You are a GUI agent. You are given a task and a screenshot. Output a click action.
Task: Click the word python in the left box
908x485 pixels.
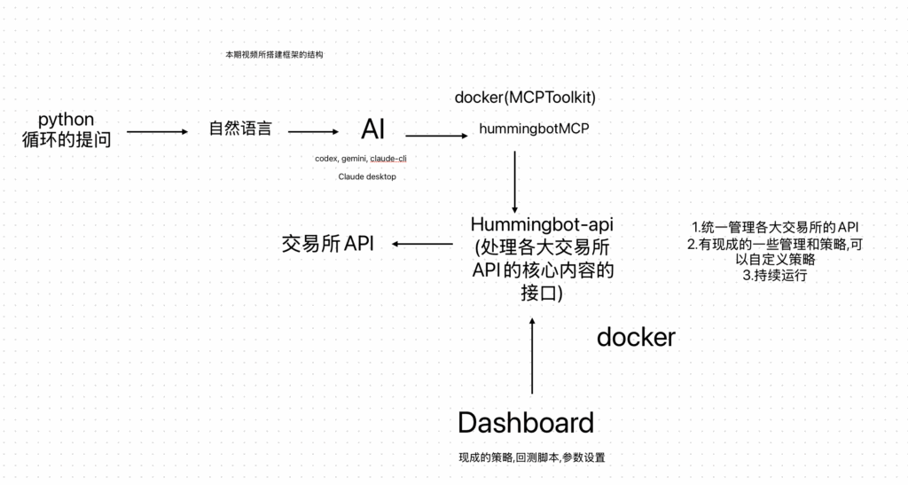[67, 120]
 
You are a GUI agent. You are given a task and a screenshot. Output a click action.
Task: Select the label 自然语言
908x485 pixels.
[239, 129]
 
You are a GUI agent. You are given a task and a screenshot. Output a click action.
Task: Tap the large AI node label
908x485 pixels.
[373, 129]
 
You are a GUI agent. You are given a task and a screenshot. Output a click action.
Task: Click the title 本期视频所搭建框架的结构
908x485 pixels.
[274, 55]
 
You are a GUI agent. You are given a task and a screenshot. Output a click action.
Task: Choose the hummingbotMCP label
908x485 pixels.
[534, 129]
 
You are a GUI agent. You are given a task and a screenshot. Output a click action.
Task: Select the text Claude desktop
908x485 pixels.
[367, 176]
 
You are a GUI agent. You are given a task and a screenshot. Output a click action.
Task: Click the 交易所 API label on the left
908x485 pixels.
[327, 244]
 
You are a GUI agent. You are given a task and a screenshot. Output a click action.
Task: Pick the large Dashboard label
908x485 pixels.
[526, 423]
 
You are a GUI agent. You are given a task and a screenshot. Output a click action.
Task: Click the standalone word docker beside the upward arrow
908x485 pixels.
[636, 338]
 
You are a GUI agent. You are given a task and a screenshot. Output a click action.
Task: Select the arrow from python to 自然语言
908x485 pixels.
[158, 133]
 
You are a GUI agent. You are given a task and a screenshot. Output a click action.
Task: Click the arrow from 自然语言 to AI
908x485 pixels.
[314, 133]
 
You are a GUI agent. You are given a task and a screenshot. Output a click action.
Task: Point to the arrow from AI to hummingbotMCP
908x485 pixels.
[436, 137]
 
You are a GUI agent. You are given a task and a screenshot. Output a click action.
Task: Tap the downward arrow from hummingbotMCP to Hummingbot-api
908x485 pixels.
[515, 181]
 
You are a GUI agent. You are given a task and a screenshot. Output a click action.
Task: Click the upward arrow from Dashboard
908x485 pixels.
[532, 355]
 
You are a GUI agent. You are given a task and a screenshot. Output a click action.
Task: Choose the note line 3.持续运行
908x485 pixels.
[775, 276]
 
